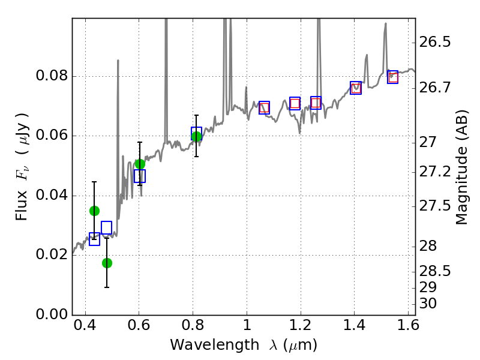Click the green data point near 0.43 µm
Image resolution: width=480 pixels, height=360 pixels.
click(94, 211)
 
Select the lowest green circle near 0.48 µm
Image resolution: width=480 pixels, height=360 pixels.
click(107, 263)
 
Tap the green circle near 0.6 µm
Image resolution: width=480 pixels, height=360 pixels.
click(140, 164)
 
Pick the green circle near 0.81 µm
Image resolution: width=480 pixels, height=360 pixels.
click(196, 136)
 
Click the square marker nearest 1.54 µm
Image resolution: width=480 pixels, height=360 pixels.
click(392, 77)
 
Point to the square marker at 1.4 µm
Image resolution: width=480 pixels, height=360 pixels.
click(356, 88)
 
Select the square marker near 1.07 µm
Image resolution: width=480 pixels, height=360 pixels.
click(264, 108)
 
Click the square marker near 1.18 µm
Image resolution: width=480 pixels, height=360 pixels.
click(295, 103)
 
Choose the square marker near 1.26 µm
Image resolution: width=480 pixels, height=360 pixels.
click(316, 103)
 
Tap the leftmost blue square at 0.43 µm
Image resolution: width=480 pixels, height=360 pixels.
click(94, 239)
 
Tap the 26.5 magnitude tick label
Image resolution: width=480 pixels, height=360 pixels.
click(435, 43)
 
